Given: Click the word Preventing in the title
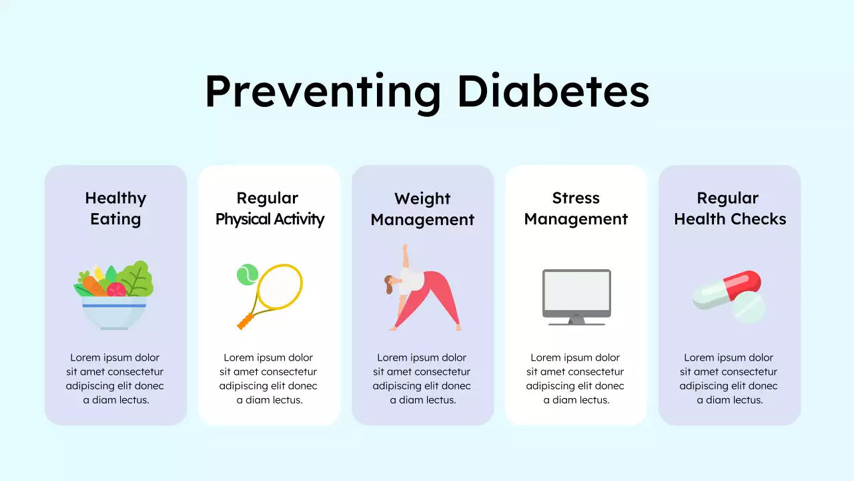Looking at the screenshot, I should [322, 92].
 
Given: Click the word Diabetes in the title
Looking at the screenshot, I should [553, 92].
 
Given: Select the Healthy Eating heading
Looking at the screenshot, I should [115, 208].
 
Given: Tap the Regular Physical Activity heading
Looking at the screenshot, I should [270, 208].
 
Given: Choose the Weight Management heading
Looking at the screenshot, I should [422, 209].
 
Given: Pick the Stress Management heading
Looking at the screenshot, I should [576, 208].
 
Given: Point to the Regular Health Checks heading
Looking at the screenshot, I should [730, 208].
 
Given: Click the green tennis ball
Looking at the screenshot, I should [247, 274].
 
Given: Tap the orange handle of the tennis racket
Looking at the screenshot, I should [246, 322].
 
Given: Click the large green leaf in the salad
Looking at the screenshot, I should [139, 279].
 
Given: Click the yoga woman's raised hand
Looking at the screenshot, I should [404, 248].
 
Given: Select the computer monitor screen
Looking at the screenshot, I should [576, 291].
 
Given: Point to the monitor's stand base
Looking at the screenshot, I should [576, 323].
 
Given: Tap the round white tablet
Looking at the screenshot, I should [749, 307].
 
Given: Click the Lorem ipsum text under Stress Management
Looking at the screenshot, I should [576, 379].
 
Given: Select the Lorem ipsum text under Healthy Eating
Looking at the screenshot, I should [115, 379].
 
